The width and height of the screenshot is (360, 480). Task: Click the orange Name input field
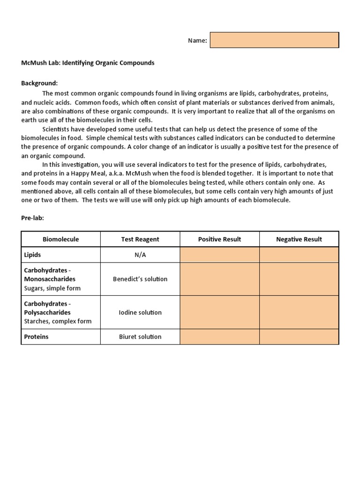(274, 40)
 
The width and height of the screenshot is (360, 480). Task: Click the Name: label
(197, 41)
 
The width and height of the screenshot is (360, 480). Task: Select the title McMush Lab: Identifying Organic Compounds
(88, 63)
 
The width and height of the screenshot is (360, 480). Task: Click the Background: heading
(39, 83)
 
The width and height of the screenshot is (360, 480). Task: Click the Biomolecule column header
(61, 239)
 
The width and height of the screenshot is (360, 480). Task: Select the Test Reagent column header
(140, 239)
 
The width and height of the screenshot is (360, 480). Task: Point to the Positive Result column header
(219, 239)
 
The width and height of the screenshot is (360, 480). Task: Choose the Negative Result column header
(299, 239)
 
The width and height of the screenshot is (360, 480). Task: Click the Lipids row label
(33, 255)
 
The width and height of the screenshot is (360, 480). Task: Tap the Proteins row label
(37, 337)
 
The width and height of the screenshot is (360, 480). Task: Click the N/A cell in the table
(140, 255)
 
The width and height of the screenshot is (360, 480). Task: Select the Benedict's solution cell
(140, 279)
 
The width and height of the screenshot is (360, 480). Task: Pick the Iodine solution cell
(140, 312)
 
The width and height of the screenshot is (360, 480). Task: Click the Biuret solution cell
(140, 337)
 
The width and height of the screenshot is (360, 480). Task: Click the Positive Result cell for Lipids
(219, 255)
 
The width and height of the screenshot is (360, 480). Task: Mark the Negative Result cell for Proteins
(299, 337)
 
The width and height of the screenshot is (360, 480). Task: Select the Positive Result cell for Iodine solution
(219, 312)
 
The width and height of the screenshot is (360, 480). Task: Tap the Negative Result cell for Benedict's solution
(299, 279)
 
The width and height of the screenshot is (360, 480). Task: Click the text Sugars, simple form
(52, 288)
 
